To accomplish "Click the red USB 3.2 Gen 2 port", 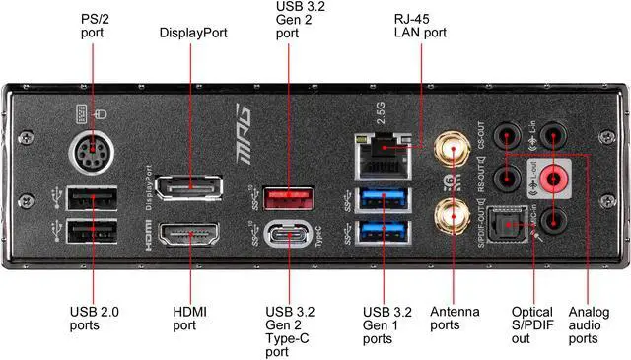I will point(287,199).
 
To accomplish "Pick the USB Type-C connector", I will point(288,239).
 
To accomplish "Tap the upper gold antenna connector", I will point(453,150).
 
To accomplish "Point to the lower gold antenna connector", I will point(453,213).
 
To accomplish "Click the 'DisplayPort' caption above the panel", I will point(193,33).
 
